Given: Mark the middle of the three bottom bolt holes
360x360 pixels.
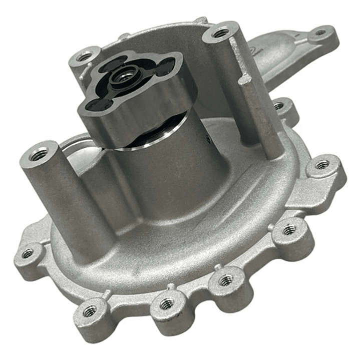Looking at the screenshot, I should [x=226, y=280].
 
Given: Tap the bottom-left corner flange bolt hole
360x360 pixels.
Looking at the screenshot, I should [x=91, y=311].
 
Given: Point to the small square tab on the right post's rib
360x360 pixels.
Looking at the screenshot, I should [x=245, y=80].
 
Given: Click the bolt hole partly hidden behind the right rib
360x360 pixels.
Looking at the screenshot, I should [x=278, y=106].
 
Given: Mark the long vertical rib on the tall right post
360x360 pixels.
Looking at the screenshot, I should [x=260, y=115].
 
